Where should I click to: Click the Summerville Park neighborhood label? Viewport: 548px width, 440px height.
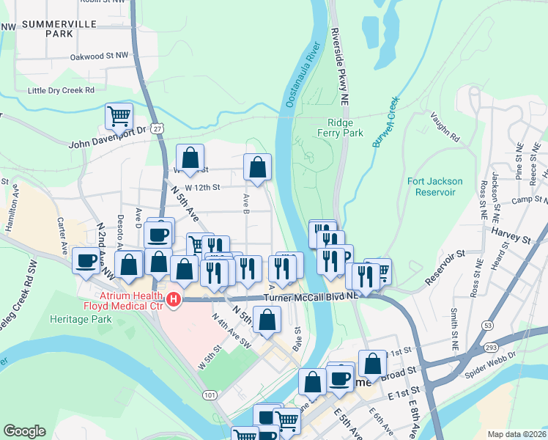tap(48, 29)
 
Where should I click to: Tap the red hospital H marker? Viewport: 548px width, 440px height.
tap(174, 299)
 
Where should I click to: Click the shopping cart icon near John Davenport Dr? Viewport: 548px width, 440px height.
tap(119, 117)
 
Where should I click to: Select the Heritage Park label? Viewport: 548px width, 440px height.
tap(80, 319)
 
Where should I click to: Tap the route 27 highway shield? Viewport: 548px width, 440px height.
tap(158, 128)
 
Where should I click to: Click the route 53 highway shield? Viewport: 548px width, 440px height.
tap(486, 323)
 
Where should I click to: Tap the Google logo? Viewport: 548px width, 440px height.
tap(24, 431)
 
